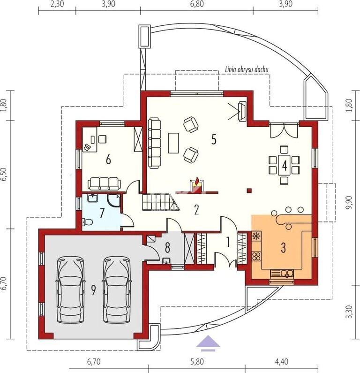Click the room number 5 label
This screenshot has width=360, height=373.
(x=214, y=139)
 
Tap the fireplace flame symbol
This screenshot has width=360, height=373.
(x=196, y=182)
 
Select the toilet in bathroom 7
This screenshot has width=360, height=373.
(x=87, y=222)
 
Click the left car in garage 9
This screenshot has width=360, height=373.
(x=70, y=289)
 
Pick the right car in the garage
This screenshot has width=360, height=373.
(x=117, y=289)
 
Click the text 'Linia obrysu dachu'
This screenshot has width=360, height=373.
(x=247, y=69)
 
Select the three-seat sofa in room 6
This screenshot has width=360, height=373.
(x=104, y=183)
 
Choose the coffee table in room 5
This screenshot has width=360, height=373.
(x=173, y=143)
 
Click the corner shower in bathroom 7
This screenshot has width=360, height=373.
(x=114, y=201)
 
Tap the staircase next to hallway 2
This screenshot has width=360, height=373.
(x=161, y=202)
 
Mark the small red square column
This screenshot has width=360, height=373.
(x=249, y=190)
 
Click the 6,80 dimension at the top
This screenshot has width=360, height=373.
(x=197, y=4)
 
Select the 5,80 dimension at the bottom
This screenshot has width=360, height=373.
(x=197, y=362)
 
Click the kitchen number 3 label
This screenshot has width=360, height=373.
(x=283, y=248)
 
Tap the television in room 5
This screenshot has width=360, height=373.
(x=242, y=111)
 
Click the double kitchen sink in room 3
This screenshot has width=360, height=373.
(x=286, y=274)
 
